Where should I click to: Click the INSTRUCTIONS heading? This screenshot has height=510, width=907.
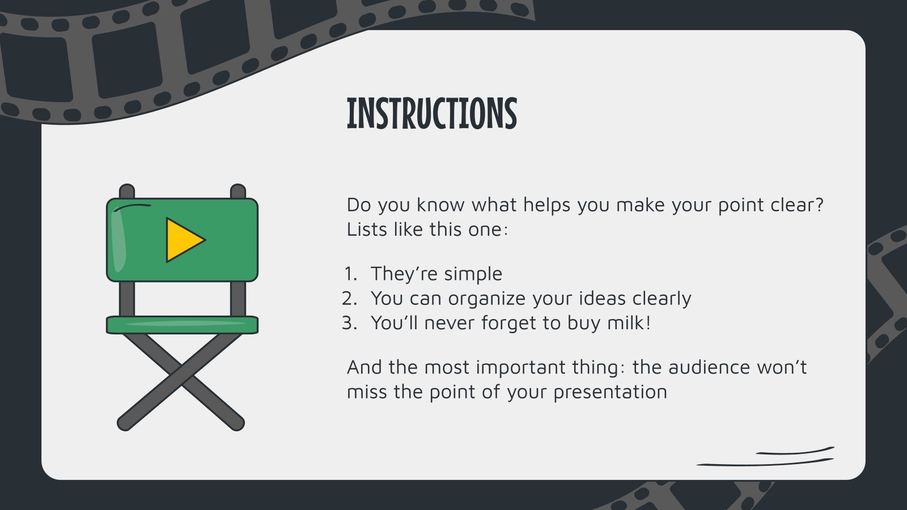pos(431,113)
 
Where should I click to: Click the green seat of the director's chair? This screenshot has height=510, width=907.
pos(182,324)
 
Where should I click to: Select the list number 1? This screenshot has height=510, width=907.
pos(350,274)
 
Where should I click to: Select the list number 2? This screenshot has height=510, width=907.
pos(349,299)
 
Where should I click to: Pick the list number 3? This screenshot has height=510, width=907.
pos(349,323)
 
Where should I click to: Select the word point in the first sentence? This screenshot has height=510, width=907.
pos(741,205)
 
